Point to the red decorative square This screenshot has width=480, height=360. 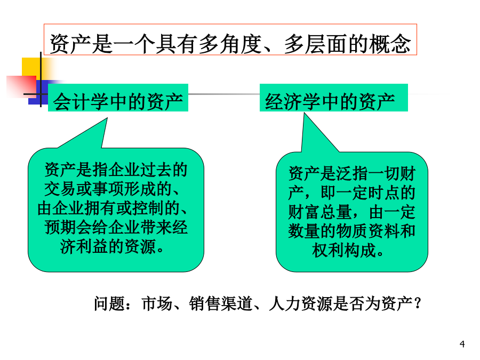pos(21,86)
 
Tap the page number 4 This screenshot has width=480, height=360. pos(462,344)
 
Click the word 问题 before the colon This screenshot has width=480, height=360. pos(109,303)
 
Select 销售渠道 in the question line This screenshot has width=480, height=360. pos(220,303)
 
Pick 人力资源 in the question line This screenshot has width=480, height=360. pos(300,303)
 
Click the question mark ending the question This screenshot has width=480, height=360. pos(417,304)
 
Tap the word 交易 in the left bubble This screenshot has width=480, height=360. pos(60,189)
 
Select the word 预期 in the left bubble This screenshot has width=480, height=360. pos(60,227)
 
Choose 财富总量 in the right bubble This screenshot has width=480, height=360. pos(320,212)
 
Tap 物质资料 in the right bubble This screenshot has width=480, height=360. pos(368,231)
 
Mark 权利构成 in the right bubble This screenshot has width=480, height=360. pos(344,251)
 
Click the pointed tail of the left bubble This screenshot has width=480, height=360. pos(107,118)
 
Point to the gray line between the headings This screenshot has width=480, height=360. pos(224,94)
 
